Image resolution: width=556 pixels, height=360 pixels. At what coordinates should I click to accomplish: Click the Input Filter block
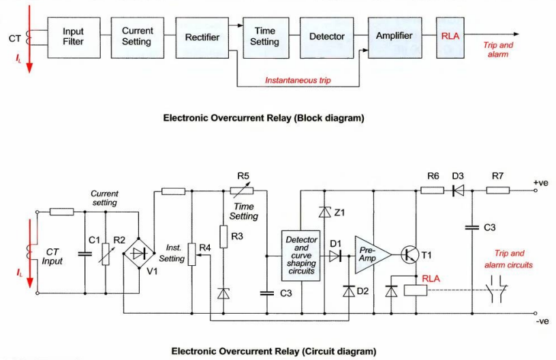pos(73,36)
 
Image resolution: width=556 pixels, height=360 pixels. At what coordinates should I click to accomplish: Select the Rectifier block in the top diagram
pos(202,37)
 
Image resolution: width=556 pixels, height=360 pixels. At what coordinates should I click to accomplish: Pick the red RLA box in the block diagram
pos(450,36)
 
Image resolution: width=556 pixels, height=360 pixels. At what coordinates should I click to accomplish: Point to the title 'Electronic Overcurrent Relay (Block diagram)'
pos(263,118)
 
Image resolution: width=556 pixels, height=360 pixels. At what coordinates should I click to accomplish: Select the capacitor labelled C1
pos(84,253)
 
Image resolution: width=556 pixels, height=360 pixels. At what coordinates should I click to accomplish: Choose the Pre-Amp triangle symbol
pos(371,254)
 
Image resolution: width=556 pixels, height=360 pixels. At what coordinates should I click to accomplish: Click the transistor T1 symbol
pos(411,255)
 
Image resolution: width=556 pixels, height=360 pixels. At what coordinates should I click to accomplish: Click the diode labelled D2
pos(349,292)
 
